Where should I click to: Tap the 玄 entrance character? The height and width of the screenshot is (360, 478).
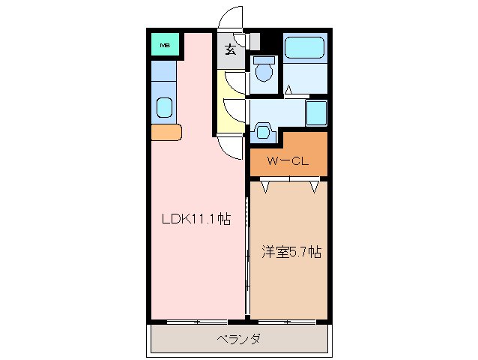coord(231,51)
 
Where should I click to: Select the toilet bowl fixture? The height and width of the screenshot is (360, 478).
coord(263,70)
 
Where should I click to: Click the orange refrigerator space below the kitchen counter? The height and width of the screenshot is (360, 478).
coord(166,133)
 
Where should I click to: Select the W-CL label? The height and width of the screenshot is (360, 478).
coord(288,160)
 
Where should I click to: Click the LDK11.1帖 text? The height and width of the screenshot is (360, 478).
coord(197,220)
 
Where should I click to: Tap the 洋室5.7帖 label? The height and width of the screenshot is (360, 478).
coord(291,253)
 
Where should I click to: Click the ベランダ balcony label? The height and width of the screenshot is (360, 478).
coord(239,339)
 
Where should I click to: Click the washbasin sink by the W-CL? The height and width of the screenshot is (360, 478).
coord(263,131)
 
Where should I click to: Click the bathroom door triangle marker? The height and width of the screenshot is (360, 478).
coord(288,91)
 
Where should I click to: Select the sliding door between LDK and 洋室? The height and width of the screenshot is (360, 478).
coord(247,247)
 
